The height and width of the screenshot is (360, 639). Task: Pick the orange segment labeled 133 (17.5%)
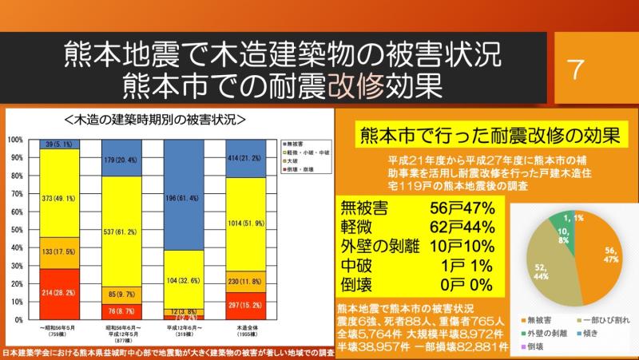click(60, 252)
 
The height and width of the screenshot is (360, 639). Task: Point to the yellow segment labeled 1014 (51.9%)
click(245, 224)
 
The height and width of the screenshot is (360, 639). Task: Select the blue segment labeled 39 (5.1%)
click(60, 144)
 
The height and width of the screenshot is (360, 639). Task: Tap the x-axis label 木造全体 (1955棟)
click(245, 331)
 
